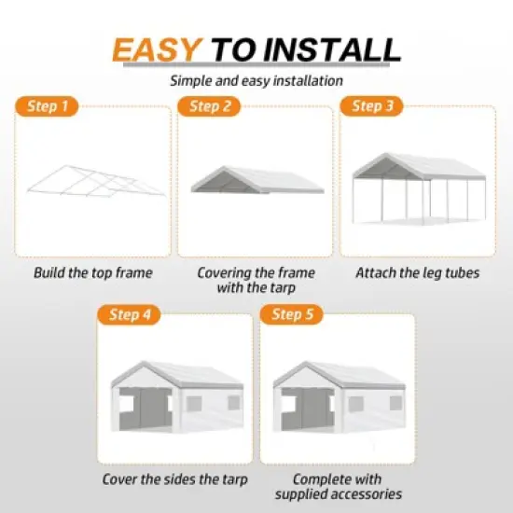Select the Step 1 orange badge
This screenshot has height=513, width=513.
click(x=48, y=106)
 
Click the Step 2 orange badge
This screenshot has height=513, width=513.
click(x=209, y=106)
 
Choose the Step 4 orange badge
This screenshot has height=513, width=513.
click(x=130, y=314)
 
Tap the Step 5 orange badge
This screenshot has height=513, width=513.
click(x=292, y=314)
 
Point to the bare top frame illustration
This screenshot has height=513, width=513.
click(x=93, y=182)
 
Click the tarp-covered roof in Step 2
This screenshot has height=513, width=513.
click(x=256, y=178)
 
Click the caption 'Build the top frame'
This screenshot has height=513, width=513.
click(x=93, y=273)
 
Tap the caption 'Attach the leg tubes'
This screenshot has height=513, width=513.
click(x=418, y=273)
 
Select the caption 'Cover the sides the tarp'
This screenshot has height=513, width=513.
click(x=175, y=479)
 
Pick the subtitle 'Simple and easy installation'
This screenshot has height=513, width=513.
click(x=256, y=81)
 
